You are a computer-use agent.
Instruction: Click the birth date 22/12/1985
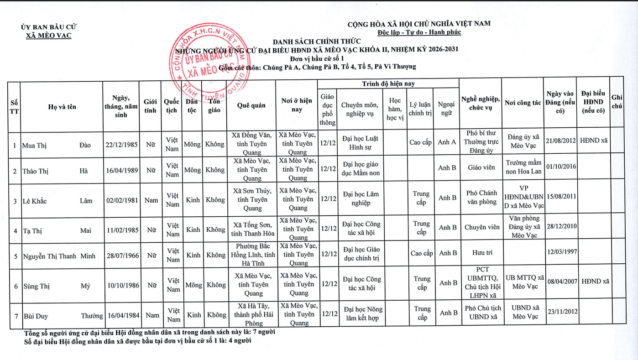(121, 145)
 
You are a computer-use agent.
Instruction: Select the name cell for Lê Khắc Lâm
(62, 201)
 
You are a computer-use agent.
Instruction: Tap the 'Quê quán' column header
(251, 105)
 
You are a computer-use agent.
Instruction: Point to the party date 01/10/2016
(561, 167)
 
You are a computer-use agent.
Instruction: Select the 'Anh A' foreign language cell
(446, 142)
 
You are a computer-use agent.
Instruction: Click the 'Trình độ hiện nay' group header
(388, 84)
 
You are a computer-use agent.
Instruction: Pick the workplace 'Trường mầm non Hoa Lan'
(523, 167)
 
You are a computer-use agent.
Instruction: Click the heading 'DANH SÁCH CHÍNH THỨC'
(317, 42)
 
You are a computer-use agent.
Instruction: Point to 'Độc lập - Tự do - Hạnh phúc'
(419, 32)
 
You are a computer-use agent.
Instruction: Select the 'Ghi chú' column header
(617, 101)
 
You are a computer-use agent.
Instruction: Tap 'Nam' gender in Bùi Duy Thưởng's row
(152, 315)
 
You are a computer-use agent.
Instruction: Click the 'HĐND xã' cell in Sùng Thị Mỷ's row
(595, 282)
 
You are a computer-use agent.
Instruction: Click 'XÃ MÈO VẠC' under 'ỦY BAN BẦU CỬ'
(49, 36)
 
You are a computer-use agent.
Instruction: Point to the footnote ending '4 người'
(137, 340)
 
